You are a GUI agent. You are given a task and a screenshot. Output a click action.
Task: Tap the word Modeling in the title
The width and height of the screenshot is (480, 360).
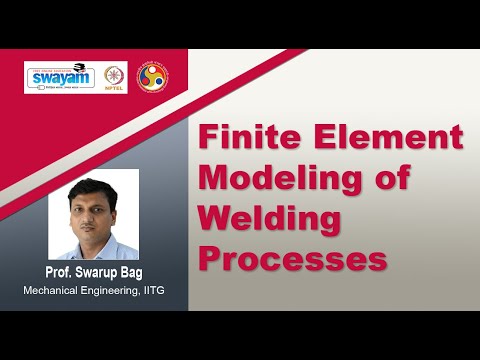click(299, 176)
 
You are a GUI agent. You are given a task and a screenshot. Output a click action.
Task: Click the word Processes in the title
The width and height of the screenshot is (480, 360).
click(294, 257)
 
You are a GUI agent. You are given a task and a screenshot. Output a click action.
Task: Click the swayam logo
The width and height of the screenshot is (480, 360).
click(60, 77)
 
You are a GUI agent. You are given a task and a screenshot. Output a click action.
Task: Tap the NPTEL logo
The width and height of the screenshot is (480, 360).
click(115, 75)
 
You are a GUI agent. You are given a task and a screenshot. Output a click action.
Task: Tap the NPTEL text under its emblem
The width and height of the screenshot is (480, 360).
click(115, 87)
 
